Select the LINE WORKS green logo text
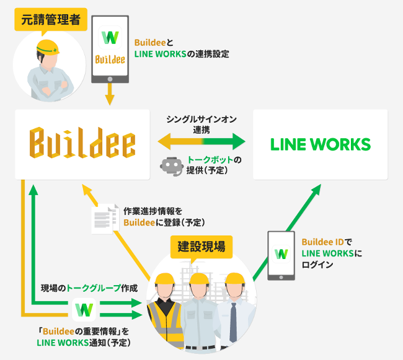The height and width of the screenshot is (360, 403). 321,145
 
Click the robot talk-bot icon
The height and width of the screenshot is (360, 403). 171,166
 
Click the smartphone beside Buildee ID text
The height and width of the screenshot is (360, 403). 281,254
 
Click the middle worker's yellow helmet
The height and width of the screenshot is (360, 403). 199,281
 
